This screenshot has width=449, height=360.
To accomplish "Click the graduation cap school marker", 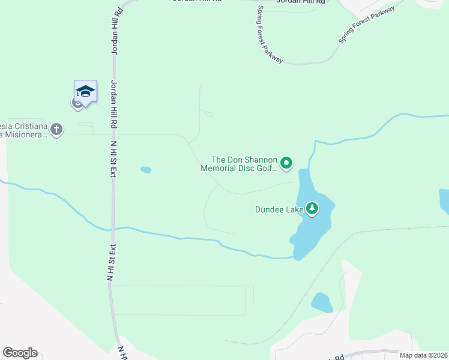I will tap(85, 91).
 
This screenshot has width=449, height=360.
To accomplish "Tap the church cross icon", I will tap(56, 129).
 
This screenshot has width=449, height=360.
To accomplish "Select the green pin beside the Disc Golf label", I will tap(287, 163).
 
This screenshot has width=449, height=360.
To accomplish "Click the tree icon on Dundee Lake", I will tap(312, 209).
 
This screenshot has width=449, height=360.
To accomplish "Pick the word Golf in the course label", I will tap(268, 169).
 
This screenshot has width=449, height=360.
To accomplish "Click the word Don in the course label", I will tap(235, 160).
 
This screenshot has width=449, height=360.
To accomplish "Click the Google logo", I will tap(20, 353).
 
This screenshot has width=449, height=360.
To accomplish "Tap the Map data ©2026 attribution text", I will tap(423, 355).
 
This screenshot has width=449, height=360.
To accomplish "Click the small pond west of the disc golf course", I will tap(146, 170).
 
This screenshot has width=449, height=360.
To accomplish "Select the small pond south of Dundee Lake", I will tap(322, 303).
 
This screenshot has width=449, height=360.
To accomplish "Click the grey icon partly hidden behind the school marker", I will tap(77, 103).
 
